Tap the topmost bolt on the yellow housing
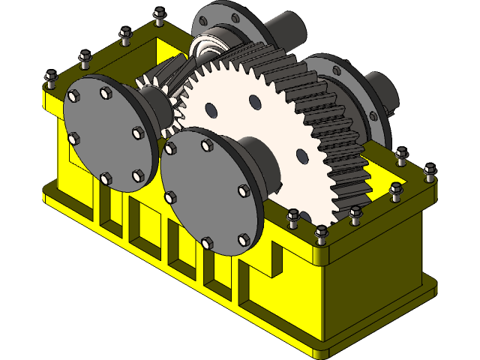pyautogui.click(x=158, y=15)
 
